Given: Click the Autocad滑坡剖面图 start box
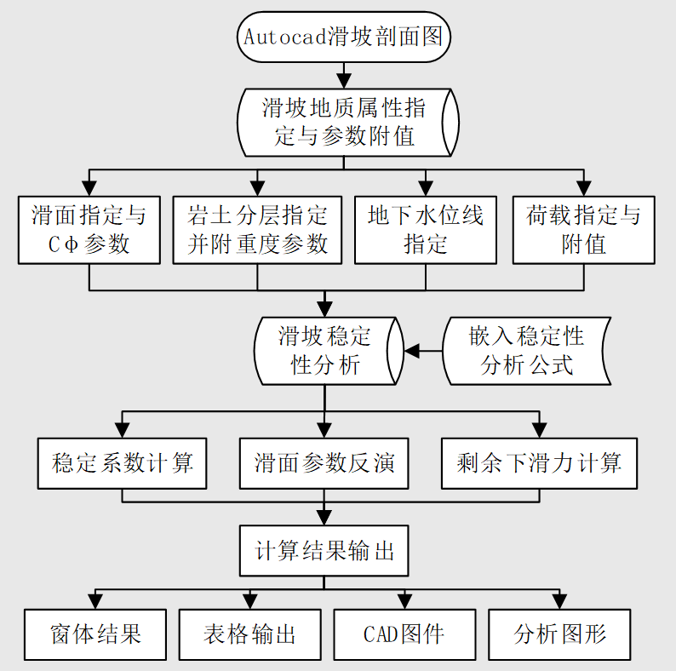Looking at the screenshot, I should click(344, 37).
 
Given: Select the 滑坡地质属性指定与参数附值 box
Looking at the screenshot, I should click(344, 122).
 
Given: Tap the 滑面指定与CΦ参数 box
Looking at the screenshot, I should click(89, 230).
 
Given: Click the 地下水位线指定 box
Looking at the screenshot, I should click(425, 230).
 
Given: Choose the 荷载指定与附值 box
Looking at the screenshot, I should click(583, 230).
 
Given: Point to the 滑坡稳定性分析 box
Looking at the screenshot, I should click(325, 351).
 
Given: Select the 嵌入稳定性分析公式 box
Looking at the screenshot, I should click(526, 351).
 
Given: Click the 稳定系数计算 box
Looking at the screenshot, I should click(122, 463).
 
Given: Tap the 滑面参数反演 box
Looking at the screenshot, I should click(324, 463).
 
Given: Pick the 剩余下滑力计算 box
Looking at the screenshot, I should click(539, 463).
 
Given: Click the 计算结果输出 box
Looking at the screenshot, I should click(324, 550).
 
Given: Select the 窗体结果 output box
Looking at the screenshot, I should click(95, 634).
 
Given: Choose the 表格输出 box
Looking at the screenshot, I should click(249, 634).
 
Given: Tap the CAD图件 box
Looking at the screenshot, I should click(404, 634).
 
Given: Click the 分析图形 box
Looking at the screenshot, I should click(559, 634).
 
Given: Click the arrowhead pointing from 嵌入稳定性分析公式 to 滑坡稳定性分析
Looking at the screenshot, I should click(411, 351).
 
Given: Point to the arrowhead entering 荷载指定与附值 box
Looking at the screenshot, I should click(583, 188).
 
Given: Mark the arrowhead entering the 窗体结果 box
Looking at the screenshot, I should click(95, 601).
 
